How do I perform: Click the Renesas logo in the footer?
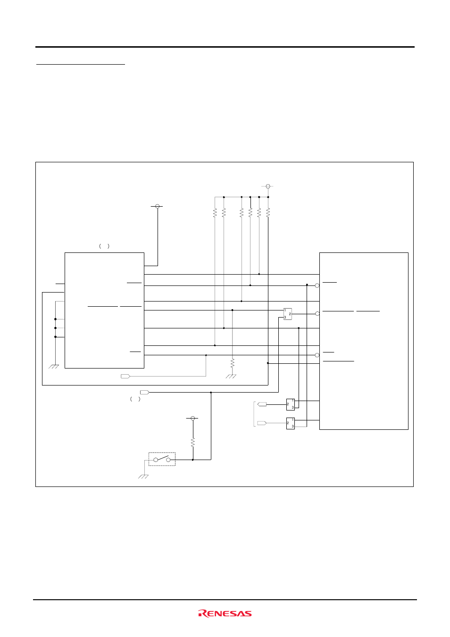(225, 613)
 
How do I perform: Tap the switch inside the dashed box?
(162, 459)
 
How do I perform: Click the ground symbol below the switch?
(143, 477)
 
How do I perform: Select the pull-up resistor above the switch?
(193, 442)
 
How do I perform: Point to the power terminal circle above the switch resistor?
(192, 418)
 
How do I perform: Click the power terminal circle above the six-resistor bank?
(268, 186)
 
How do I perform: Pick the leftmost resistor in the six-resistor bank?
(215, 213)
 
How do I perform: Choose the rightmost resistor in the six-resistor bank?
(268, 213)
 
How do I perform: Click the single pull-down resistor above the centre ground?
(232, 363)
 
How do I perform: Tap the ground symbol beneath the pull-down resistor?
(231, 376)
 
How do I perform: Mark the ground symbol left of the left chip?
(54, 367)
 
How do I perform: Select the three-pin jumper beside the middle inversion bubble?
(287, 314)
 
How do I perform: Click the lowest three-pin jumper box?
(290, 423)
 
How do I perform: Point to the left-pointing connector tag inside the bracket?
(262, 404)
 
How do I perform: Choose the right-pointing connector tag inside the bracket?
(262, 423)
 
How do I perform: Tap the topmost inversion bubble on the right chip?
(317, 285)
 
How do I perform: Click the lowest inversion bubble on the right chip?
(317, 355)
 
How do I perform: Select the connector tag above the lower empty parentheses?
(145, 392)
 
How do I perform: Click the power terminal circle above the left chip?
(158, 206)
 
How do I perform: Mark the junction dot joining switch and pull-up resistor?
(193, 459)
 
